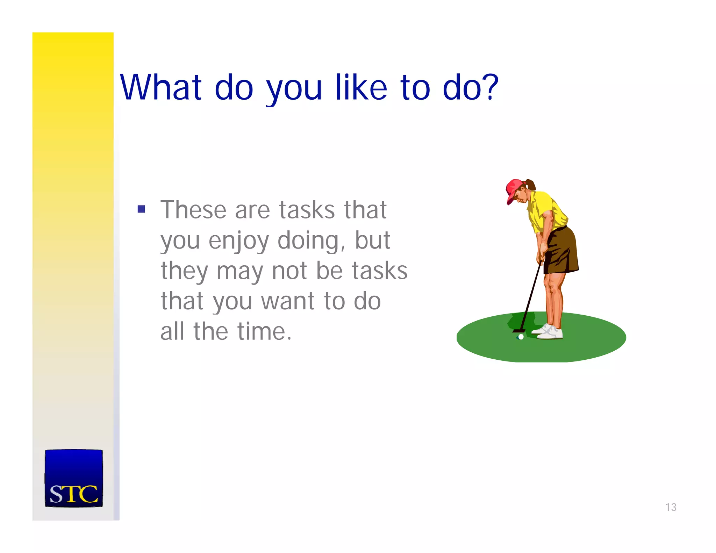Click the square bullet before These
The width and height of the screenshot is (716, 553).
click(141, 209)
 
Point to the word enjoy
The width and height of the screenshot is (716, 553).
click(239, 241)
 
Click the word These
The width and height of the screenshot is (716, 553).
click(193, 210)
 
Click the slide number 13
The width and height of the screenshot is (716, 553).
click(671, 507)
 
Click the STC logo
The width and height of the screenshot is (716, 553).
click(74, 478)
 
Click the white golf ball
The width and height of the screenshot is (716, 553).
click(521, 337)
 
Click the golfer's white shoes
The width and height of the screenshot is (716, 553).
click(549, 332)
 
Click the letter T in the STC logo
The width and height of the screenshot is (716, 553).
click(72, 494)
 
